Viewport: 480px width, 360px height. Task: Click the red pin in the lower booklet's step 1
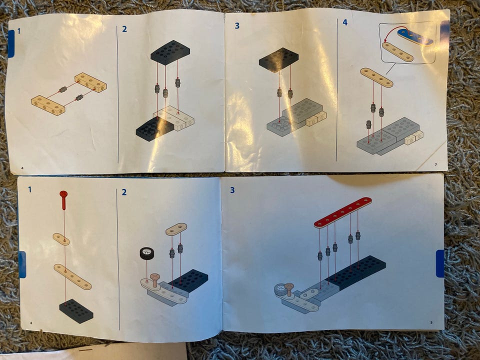63,199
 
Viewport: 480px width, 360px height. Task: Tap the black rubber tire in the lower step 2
146,253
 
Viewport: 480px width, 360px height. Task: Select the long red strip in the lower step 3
343,212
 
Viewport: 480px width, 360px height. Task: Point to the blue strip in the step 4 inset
415,37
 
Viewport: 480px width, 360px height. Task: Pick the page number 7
436,165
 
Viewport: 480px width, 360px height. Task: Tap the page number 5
431,322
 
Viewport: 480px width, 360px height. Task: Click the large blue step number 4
345,22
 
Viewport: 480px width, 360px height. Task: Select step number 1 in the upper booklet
19,31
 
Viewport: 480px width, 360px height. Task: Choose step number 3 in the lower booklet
232,190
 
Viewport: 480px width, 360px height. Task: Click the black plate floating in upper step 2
170,52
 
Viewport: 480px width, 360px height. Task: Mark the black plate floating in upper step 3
278,59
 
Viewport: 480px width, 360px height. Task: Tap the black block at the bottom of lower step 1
76,310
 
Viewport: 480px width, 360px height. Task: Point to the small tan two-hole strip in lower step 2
176,229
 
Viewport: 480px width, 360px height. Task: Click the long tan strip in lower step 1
72,276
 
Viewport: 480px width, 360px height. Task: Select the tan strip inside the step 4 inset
397,51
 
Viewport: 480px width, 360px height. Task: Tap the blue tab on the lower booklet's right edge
440,263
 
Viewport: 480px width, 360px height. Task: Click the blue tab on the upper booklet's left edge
11,44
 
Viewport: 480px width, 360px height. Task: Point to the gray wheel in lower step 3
280,289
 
